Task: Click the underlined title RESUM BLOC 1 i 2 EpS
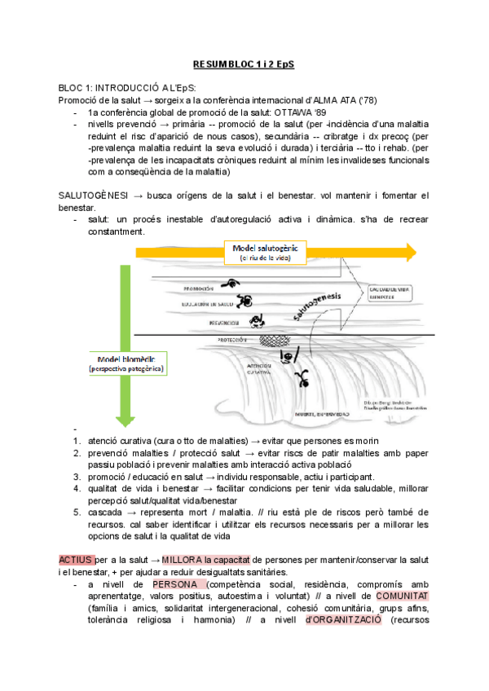coord(244,64)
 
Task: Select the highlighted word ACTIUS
coord(76,561)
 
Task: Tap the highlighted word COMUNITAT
coord(403,596)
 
